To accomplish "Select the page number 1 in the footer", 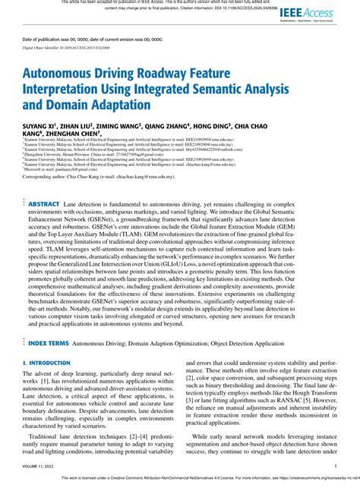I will click(335, 466).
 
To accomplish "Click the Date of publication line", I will click(88, 39).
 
